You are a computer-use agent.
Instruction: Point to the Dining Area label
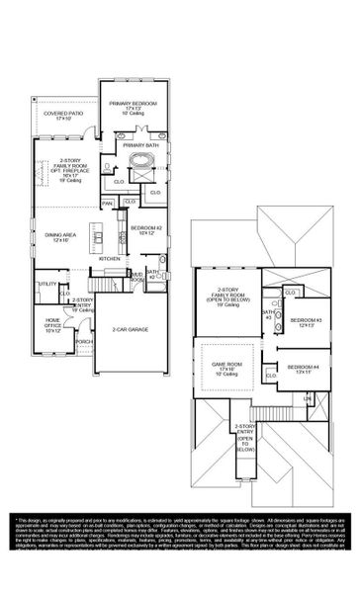(x=59, y=236)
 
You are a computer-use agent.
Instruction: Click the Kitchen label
(x=110, y=258)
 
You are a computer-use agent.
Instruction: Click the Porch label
(x=83, y=341)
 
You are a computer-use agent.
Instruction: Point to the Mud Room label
(x=136, y=277)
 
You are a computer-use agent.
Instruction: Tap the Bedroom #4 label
(x=299, y=370)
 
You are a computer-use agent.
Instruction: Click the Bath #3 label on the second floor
(x=266, y=314)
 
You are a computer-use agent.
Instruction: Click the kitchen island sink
(x=100, y=233)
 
